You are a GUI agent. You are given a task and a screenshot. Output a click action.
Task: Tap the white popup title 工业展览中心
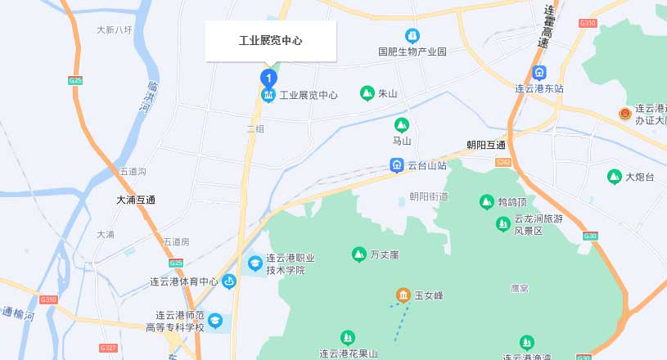click(270, 41)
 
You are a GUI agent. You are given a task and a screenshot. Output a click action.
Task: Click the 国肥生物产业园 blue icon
click(412, 36)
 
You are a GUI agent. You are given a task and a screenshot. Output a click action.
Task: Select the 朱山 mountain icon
click(367, 93)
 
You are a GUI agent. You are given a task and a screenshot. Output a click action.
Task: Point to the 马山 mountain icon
click(401, 125)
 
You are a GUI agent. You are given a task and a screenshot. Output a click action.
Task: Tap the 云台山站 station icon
click(397, 165)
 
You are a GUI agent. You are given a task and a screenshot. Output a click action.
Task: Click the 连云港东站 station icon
click(539, 73)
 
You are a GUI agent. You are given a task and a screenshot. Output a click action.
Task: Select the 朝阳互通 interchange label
click(486, 145)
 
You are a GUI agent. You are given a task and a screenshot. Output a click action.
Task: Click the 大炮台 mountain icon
click(615, 176)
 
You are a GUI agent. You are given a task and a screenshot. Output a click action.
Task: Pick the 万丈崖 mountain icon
click(358, 254)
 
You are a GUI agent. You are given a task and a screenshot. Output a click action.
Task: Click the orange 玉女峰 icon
click(403, 295)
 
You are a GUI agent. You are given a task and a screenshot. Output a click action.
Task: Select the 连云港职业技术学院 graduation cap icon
click(255, 263)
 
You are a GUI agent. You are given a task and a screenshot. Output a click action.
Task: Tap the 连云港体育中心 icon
click(229, 282)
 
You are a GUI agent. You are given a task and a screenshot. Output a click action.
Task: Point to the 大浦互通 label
click(136, 200)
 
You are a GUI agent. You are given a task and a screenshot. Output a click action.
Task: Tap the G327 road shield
click(108, 348)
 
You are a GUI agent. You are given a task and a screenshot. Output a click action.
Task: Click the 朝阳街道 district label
click(429, 196)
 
